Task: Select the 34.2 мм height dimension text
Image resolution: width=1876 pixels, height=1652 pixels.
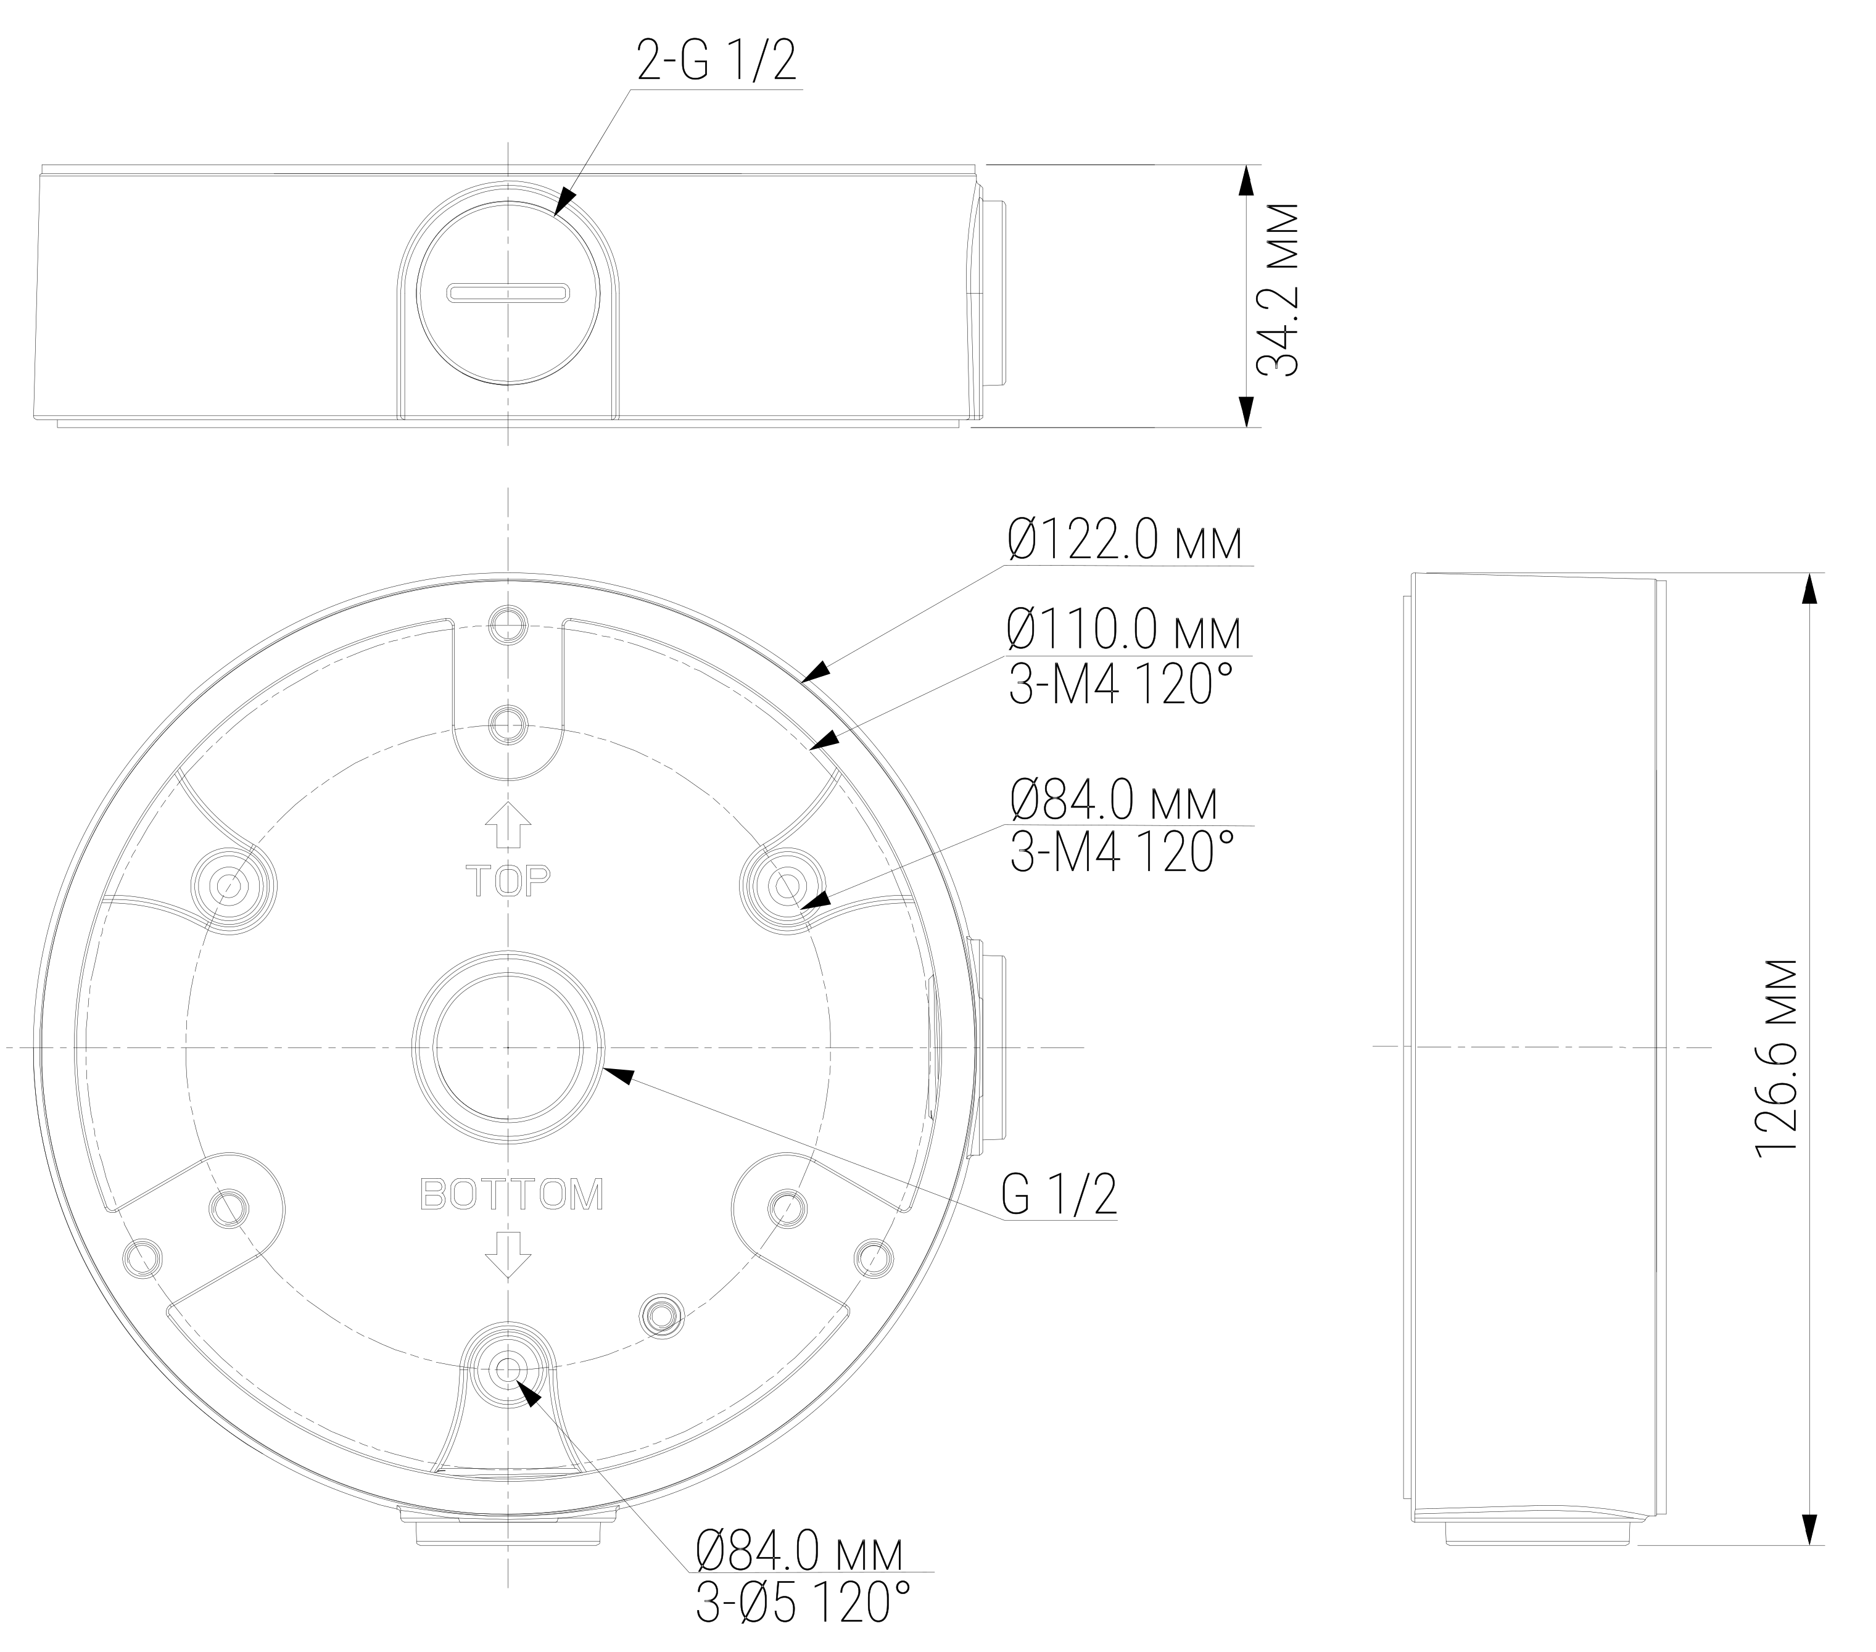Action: coord(1278,289)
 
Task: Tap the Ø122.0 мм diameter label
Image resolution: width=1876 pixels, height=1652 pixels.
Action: coord(1125,540)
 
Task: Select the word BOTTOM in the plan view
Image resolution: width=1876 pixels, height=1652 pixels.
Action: coord(511,1195)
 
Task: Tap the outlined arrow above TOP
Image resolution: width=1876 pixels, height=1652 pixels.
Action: coord(508,825)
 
